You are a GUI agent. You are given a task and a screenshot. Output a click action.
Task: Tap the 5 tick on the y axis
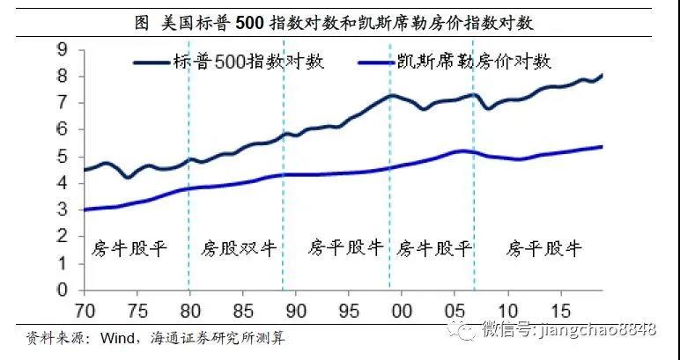pos(63,157)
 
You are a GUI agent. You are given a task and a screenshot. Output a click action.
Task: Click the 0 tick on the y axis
pos(63,290)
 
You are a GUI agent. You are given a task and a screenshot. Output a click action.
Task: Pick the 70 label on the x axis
pos(85,311)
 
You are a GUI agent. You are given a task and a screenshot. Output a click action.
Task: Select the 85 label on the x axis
pos(243,311)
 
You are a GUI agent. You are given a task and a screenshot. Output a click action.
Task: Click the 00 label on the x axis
pos(402,311)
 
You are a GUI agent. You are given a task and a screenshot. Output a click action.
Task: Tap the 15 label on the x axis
pos(560,311)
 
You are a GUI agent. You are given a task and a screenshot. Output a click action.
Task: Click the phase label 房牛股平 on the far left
pos(129,247)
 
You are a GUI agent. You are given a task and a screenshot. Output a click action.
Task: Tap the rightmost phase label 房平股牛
pos(544,247)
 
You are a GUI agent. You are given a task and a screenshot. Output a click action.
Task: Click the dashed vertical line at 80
pos(189,211)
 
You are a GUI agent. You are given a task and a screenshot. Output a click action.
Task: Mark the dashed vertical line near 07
pos(475,211)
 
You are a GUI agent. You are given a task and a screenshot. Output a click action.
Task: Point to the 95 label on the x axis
pos(349,311)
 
